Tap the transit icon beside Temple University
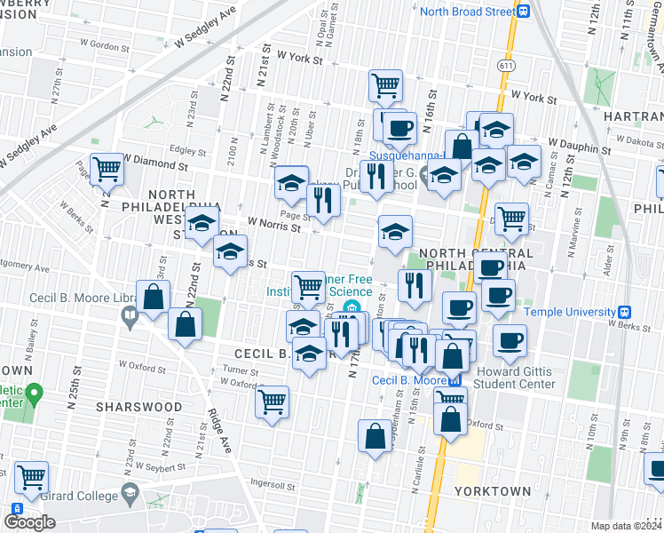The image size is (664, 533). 625,312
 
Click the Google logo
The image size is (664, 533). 29,521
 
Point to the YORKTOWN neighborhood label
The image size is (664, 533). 493,490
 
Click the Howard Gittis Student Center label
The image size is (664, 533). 515,378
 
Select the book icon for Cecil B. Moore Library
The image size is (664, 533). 130,314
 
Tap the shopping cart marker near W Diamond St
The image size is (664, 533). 107,167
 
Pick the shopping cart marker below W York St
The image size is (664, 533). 386,85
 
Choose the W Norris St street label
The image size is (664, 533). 274,224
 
